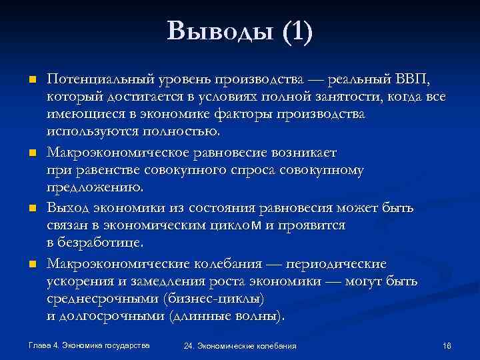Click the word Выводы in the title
click(213, 31)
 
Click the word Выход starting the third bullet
click(68, 207)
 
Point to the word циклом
click(242, 225)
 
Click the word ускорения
click(79, 281)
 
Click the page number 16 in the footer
click(447, 346)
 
